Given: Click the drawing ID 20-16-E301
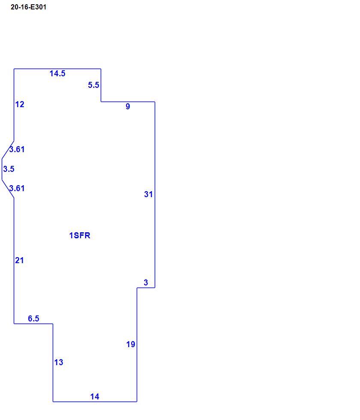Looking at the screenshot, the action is pyautogui.click(x=28, y=7).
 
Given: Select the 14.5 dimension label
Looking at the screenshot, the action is pyautogui.click(x=57, y=73).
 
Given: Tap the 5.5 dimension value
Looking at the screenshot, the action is pyautogui.click(x=93, y=85).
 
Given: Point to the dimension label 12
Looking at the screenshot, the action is pyautogui.click(x=20, y=104).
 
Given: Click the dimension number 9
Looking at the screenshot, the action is pyautogui.click(x=128, y=106).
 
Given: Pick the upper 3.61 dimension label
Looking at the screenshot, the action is pyautogui.click(x=17, y=149).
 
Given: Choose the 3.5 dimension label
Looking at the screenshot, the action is pyautogui.click(x=9, y=169).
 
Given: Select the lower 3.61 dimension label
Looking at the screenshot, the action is pyautogui.click(x=17, y=188).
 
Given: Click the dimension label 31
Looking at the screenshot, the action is pyautogui.click(x=148, y=194).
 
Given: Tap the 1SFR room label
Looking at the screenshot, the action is pyautogui.click(x=80, y=235).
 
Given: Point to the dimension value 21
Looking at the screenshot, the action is pyautogui.click(x=20, y=261).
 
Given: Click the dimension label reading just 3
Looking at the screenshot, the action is pyautogui.click(x=146, y=282).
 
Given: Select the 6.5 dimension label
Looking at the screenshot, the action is pyautogui.click(x=33, y=318).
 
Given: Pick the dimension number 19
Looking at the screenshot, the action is pyautogui.click(x=131, y=345).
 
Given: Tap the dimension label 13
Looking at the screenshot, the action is pyautogui.click(x=59, y=363).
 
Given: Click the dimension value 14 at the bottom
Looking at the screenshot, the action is pyautogui.click(x=95, y=397).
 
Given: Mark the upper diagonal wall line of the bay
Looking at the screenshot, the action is pyautogui.click(x=8, y=150).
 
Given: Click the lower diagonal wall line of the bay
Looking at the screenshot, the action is pyautogui.click(x=8, y=189).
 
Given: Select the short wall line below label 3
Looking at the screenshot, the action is pyautogui.click(x=146, y=288).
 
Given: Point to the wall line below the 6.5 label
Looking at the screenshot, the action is pyautogui.click(x=33, y=324).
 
